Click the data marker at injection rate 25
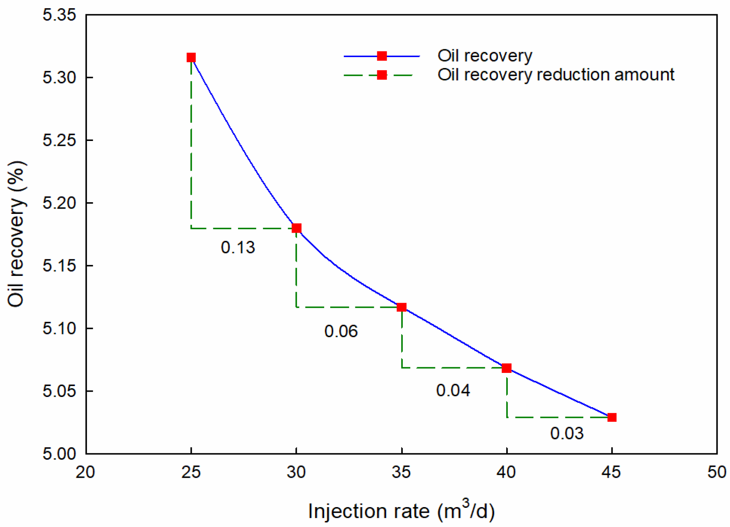[191, 58]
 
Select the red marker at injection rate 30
[296, 228]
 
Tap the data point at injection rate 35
[402, 307]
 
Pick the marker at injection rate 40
[507, 368]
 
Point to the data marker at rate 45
[612, 417]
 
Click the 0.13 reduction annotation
[238, 247]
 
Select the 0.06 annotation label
[341, 331]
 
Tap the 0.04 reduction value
[453, 390]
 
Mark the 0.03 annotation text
[566, 433]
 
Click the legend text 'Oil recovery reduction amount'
[555, 74]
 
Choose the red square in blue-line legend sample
[382, 56]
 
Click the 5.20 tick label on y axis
[59, 203]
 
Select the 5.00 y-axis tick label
[59, 454]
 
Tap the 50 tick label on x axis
[716, 472]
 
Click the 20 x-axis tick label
[85, 472]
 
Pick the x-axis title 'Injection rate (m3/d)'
[401, 510]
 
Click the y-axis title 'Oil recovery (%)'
[17, 234]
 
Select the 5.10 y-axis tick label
[59, 329]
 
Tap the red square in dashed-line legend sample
[382, 75]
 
